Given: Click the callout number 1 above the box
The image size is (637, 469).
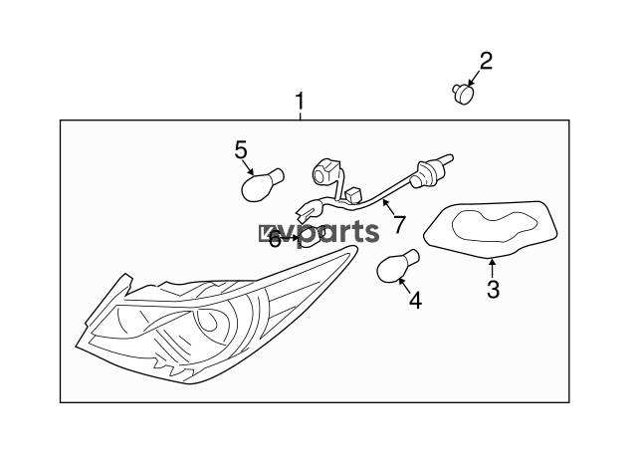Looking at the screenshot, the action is tap(300, 101).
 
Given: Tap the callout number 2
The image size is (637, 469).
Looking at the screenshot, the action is tap(486, 61).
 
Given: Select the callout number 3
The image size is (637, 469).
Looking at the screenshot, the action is tap(493, 289).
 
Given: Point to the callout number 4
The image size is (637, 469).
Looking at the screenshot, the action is tap(415, 301).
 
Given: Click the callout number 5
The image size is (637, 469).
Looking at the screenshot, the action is tap(241, 149).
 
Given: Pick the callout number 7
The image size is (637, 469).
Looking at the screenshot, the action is tap(399, 224).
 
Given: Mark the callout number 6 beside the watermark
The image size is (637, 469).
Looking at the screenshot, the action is tap(275, 239).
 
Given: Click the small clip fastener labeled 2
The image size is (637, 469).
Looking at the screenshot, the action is tap(463, 93).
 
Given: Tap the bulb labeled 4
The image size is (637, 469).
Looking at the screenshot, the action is tap(397, 266).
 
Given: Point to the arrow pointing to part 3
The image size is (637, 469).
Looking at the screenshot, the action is tap(492, 269).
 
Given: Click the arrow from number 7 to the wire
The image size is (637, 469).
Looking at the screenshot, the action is tap(389, 207).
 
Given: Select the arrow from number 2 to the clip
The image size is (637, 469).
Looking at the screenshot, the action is tap(474, 78).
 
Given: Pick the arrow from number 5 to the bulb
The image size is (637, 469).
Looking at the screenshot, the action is tap(248, 166).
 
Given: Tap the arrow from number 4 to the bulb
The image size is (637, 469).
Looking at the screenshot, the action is tap(405, 286).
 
